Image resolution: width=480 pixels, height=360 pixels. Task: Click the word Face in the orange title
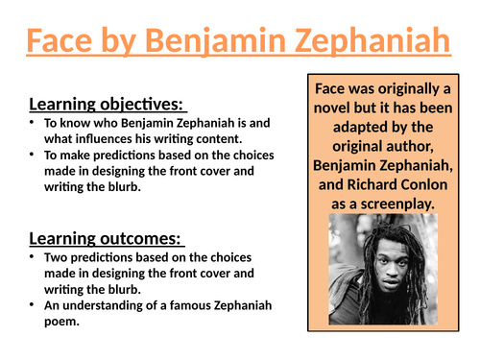[60, 40]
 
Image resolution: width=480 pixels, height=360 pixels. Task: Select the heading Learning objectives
[106, 105]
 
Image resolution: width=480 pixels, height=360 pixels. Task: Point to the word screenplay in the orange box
[397, 204]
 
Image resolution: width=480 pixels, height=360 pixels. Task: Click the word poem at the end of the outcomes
[61, 322]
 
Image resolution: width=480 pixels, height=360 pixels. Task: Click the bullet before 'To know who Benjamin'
[32, 122]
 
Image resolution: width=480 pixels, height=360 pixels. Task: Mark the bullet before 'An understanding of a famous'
[32, 304]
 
